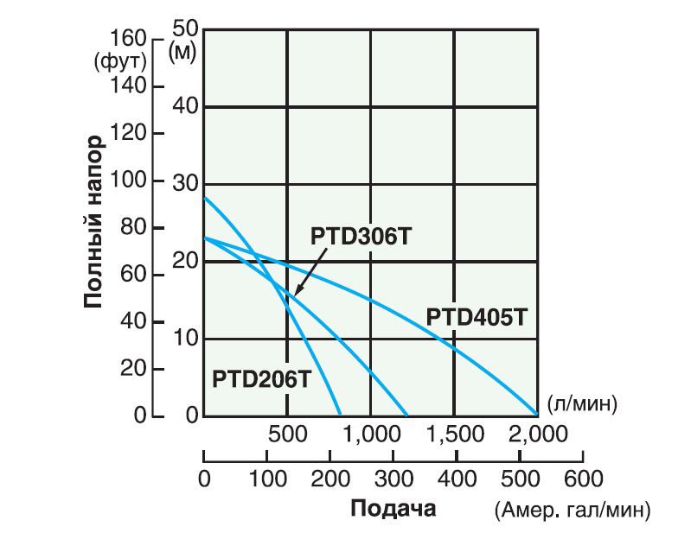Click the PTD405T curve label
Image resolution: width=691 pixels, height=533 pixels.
[x=477, y=317]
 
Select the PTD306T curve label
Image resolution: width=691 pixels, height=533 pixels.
[x=356, y=237]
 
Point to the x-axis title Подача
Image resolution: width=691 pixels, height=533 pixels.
[x=393, y=507]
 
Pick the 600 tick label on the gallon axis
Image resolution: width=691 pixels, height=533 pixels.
[x=582, y=478]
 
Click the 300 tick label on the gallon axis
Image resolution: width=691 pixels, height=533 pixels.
[x=393, y=478]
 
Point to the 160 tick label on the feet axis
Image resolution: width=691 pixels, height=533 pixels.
[x=128, y=39]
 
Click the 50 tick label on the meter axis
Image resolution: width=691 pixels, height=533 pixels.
[x=186, y=28]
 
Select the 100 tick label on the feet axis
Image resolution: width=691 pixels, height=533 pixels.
[x=128, y=181]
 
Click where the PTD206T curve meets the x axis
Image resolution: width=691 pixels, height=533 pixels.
[x=341, y=415]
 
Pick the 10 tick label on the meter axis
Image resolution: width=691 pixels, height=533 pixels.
[x=187, y=338]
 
